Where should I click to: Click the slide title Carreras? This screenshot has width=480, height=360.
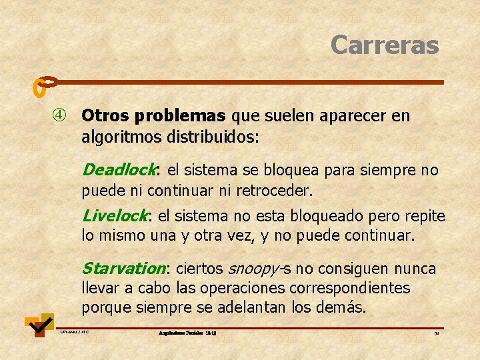click(385, 45)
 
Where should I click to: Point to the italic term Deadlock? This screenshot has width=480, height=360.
click(119, 170)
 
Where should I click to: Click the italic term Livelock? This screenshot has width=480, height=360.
click(115, 216)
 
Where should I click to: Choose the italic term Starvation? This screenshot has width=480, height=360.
click(123, 269)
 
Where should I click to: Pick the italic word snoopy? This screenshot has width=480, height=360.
click(253, 269)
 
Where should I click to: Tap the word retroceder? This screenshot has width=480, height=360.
click(274, 191)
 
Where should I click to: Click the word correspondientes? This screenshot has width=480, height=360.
click(353, 289)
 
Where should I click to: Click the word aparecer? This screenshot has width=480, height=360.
click(353, 116)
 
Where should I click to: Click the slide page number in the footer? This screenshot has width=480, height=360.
click(436, 332)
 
